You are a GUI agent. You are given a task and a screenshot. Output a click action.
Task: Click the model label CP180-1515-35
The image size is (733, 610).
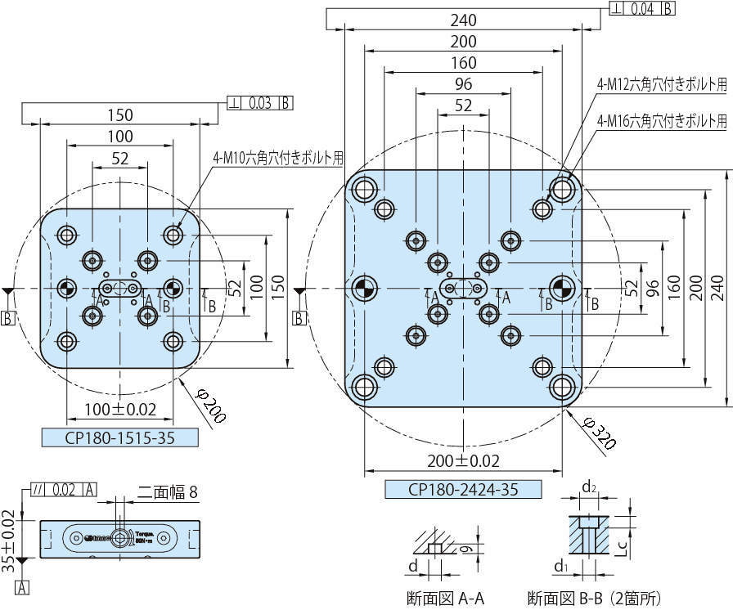[119, 437]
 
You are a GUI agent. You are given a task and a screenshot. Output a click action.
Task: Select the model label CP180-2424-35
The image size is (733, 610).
[463, 490]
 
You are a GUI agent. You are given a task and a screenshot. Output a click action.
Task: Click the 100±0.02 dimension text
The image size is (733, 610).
[119, 410]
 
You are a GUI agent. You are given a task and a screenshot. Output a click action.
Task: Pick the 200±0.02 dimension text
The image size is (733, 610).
[463, 461]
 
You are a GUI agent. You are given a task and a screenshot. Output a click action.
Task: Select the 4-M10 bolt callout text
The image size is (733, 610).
[278, 159]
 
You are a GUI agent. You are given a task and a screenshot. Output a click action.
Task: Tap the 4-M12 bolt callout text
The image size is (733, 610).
[661, 83]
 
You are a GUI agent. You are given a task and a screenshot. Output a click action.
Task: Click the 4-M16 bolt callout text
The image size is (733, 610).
[661, 121]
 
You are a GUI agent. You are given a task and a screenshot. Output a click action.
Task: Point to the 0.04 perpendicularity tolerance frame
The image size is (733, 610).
[642, 9]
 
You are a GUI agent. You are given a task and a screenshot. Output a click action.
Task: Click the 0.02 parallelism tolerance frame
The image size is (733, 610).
[64, 490]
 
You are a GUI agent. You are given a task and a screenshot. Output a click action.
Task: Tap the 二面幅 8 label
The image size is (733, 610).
[167, 492]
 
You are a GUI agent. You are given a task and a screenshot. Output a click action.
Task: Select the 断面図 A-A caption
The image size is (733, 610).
[440, 598]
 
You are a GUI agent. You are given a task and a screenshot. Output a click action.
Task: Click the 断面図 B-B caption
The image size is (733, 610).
[594, 598]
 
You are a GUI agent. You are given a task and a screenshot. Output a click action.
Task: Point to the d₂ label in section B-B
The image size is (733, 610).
[588, 487]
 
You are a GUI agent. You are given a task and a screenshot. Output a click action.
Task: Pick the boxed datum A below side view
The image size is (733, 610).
[22, 586]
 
